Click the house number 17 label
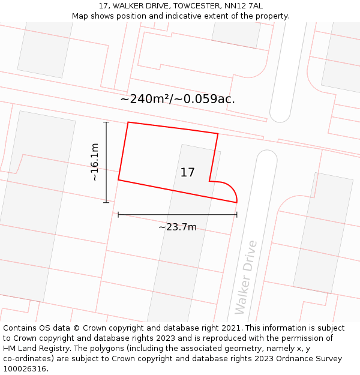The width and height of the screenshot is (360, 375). pyautogui.click(x=187, y=173)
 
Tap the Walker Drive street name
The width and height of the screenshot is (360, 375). pyautogui.click(x=246, y=277)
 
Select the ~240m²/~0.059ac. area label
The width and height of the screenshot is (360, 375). pyautogui.click(x=178, y=99)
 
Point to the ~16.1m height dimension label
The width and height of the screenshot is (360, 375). pyautogui.click(x=94, y=162)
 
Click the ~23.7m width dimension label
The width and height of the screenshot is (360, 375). pyautogui.click(x=178, y=227)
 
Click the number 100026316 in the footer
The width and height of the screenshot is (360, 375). pyautogui.click(x=24, y=368)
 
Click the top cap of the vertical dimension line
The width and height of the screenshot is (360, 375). pyautogui.click(x=106, y=122)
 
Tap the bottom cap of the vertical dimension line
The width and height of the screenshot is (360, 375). pyautogui.click(x=106, y=202)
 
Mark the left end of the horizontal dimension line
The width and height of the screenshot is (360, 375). pyautogui.click(x=118, y=214)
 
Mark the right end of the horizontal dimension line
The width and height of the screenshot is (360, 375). pyautogui.click(x=237, y=214)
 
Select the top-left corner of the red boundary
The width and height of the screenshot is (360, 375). pyautogui.click(x=128, y=122)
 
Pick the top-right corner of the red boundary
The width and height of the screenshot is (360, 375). pyautogui.click(x=218, y=134)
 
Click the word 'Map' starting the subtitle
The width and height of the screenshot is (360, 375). pyautogui.click(x=80, y=16)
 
